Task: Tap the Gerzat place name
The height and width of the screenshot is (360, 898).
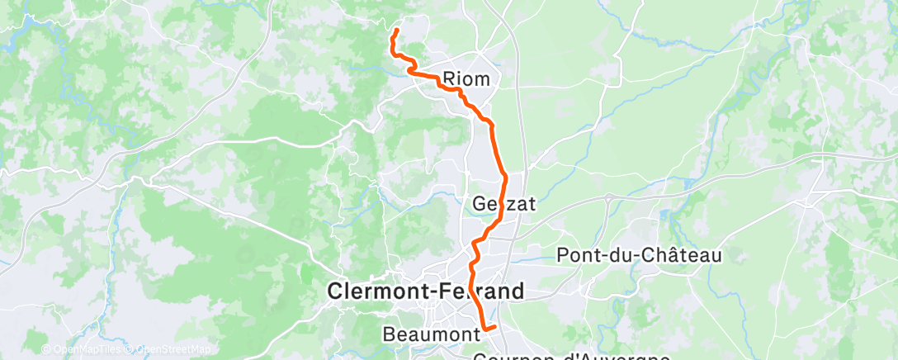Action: click(504, 203)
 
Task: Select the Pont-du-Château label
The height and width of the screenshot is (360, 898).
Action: click(640, 256)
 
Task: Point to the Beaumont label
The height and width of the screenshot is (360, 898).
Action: click(432, 334)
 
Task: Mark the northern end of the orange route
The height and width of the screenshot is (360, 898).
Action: click(396, 31)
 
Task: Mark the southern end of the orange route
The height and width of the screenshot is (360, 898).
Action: click(494, 328)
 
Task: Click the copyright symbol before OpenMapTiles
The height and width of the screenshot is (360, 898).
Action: click(46, 349)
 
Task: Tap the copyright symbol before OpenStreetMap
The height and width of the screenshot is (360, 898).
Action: click(131, 349)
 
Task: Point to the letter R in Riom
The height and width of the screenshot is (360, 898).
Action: click(450, 79)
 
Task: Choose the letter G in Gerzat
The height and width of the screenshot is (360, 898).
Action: click(481, 203)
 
